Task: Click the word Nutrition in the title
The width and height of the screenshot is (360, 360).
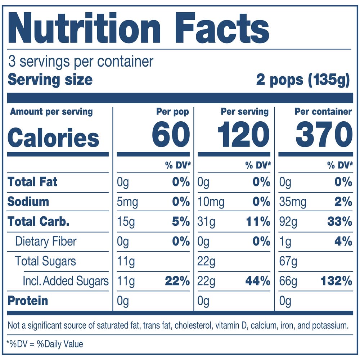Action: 84,29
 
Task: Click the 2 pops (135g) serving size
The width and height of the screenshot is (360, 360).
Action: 303,80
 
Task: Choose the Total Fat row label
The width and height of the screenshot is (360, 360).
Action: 32,182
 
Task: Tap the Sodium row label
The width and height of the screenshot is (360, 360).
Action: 28,201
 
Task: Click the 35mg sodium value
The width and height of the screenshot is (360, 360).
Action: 293,202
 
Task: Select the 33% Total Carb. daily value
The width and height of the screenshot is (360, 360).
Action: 339,222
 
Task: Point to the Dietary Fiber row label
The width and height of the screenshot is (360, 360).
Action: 46,241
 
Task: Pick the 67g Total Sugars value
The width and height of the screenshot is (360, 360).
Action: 288,261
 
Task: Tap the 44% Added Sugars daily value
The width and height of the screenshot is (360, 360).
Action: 257,281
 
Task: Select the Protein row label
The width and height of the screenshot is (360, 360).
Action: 28,301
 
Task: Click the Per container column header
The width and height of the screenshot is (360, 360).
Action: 323,112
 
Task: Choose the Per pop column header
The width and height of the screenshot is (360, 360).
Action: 172,112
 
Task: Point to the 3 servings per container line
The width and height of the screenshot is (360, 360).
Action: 81,62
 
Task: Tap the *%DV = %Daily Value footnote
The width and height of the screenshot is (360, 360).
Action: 45,344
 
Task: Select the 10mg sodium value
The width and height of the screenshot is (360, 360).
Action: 211,202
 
